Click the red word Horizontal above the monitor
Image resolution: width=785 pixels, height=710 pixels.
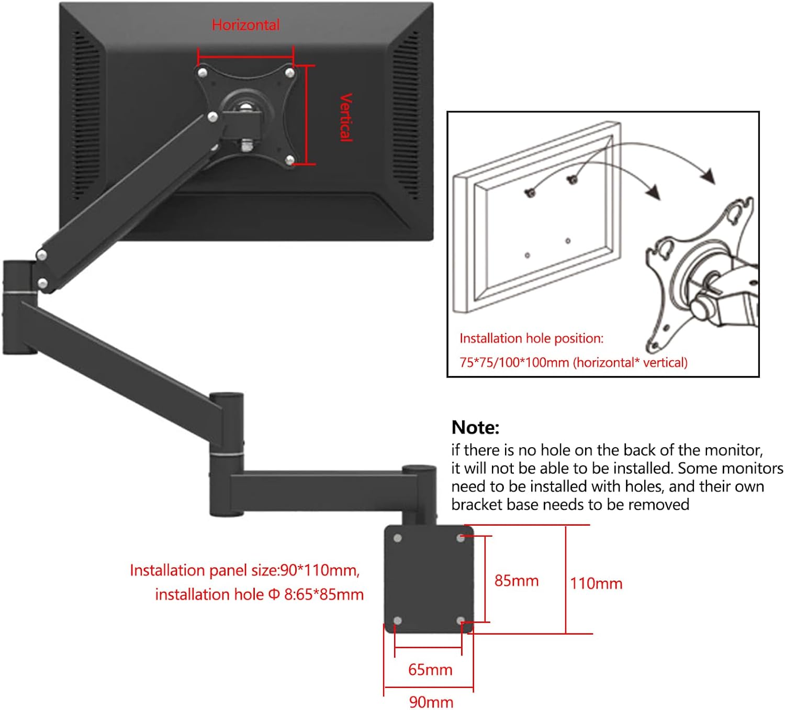point(245,25)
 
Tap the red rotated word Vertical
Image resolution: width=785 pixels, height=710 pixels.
point(346,117)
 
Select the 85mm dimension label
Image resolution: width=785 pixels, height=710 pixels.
point(516,581)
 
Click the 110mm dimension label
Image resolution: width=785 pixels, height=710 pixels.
point(596,583)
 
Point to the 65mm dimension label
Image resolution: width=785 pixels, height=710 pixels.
point(430,670)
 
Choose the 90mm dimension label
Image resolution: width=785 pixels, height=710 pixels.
point(431,702)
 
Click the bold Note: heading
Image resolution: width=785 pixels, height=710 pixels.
point(475,428)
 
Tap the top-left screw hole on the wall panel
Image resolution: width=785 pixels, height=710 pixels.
point(397,538)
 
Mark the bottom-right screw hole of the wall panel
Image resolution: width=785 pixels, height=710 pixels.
point(461,620)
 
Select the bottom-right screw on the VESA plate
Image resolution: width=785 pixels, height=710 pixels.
point(289,160)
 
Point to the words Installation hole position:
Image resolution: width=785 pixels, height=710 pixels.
point(531,338)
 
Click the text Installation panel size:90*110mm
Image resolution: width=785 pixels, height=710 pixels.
point(244,570)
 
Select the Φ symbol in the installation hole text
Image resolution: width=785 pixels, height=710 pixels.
point(274,594)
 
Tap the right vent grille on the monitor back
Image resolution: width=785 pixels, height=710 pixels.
point(406,115)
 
